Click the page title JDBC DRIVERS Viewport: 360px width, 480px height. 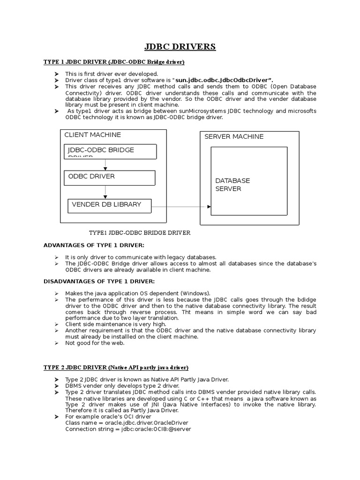(x=180, y=46)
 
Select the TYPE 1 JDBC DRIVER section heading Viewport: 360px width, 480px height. (x=114, y=62)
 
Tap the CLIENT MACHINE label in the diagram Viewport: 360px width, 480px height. (x=92, y=135)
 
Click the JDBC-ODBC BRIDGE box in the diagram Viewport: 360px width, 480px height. (x=111, y=151)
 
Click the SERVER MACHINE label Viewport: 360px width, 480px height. (x=234, y=136)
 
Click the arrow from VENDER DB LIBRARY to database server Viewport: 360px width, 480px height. (x=182, y=206)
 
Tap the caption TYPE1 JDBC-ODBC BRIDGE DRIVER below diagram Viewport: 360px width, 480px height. (x=140, y=232)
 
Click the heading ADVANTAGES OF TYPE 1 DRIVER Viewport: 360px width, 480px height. (x=94, y=245)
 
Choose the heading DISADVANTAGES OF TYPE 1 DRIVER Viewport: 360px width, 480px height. (x=98, y=281)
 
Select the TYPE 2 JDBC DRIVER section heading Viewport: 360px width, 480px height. (x=116, y=367)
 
